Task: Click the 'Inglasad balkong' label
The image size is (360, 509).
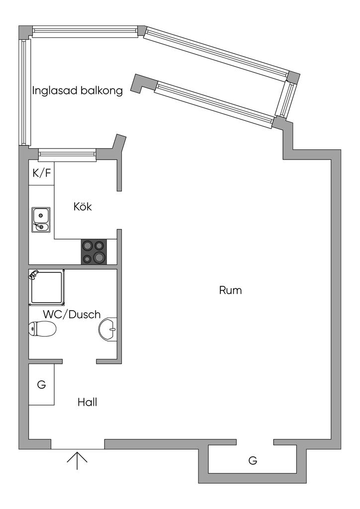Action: tap(77, 91)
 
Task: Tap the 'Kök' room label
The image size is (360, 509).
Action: tap(83, 207)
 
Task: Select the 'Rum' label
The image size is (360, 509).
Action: tap(230, 290)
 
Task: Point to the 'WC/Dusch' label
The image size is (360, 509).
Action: tap(72, 315)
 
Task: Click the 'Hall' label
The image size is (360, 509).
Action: tap(87, 402)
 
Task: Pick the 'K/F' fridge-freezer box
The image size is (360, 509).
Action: tap(41, 173)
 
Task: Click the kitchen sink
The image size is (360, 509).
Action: tap(41, 220)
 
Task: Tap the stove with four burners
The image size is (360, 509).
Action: tap(94, 252)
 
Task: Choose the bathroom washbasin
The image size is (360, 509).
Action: tap(108, 329)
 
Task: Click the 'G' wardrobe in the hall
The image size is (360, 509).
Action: tap(41, 384)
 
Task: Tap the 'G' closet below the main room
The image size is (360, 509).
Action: tap(253, 460)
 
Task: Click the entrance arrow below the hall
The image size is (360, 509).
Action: tap(77, 460)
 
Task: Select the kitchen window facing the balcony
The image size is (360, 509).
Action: tap(67, 155)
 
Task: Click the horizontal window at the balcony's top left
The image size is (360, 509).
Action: tap(85, 31)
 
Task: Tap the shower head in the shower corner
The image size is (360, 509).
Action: tap(34, 274)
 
